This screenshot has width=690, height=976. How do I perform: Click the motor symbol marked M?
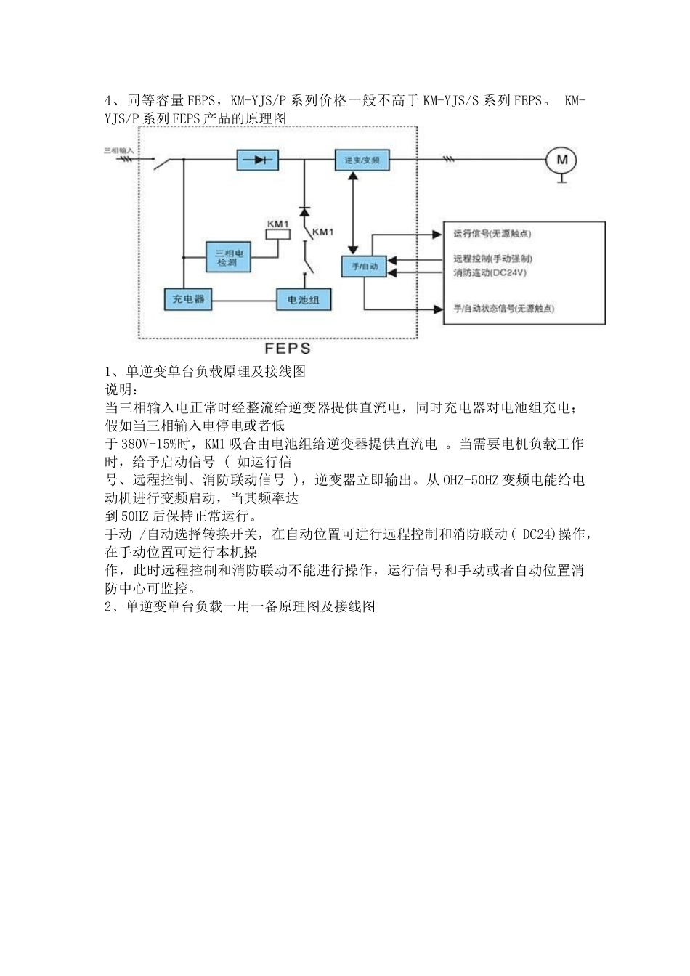click(x=561, y=160)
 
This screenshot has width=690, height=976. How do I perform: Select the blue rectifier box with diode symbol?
click(x=258, y=160)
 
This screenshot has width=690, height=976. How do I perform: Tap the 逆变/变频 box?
click(x=362, y=160)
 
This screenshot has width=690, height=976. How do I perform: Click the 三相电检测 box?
click(x=227, y=256)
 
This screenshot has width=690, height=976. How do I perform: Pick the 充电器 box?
click(x=188, y=298)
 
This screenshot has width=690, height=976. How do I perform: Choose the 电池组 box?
click(x=304, y=299)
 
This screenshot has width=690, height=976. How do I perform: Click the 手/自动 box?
click(x=365, y=266)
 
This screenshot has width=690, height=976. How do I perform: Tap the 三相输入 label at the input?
click(x=119, y=150)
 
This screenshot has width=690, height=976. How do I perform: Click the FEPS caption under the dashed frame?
click(x=288, y=349)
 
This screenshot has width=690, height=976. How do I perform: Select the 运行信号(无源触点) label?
click(x=492, y=234)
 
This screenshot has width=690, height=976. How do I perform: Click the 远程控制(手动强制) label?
click(x=492, y=259)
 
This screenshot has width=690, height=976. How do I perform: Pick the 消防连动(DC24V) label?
click(x=490, y=272)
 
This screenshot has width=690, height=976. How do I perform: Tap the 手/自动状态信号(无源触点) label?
click(x=503, y=309)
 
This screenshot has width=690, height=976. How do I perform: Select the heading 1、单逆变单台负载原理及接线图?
click(x=206, y=372)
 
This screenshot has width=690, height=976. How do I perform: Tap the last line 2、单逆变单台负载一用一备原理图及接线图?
click(x=240, y=606)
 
